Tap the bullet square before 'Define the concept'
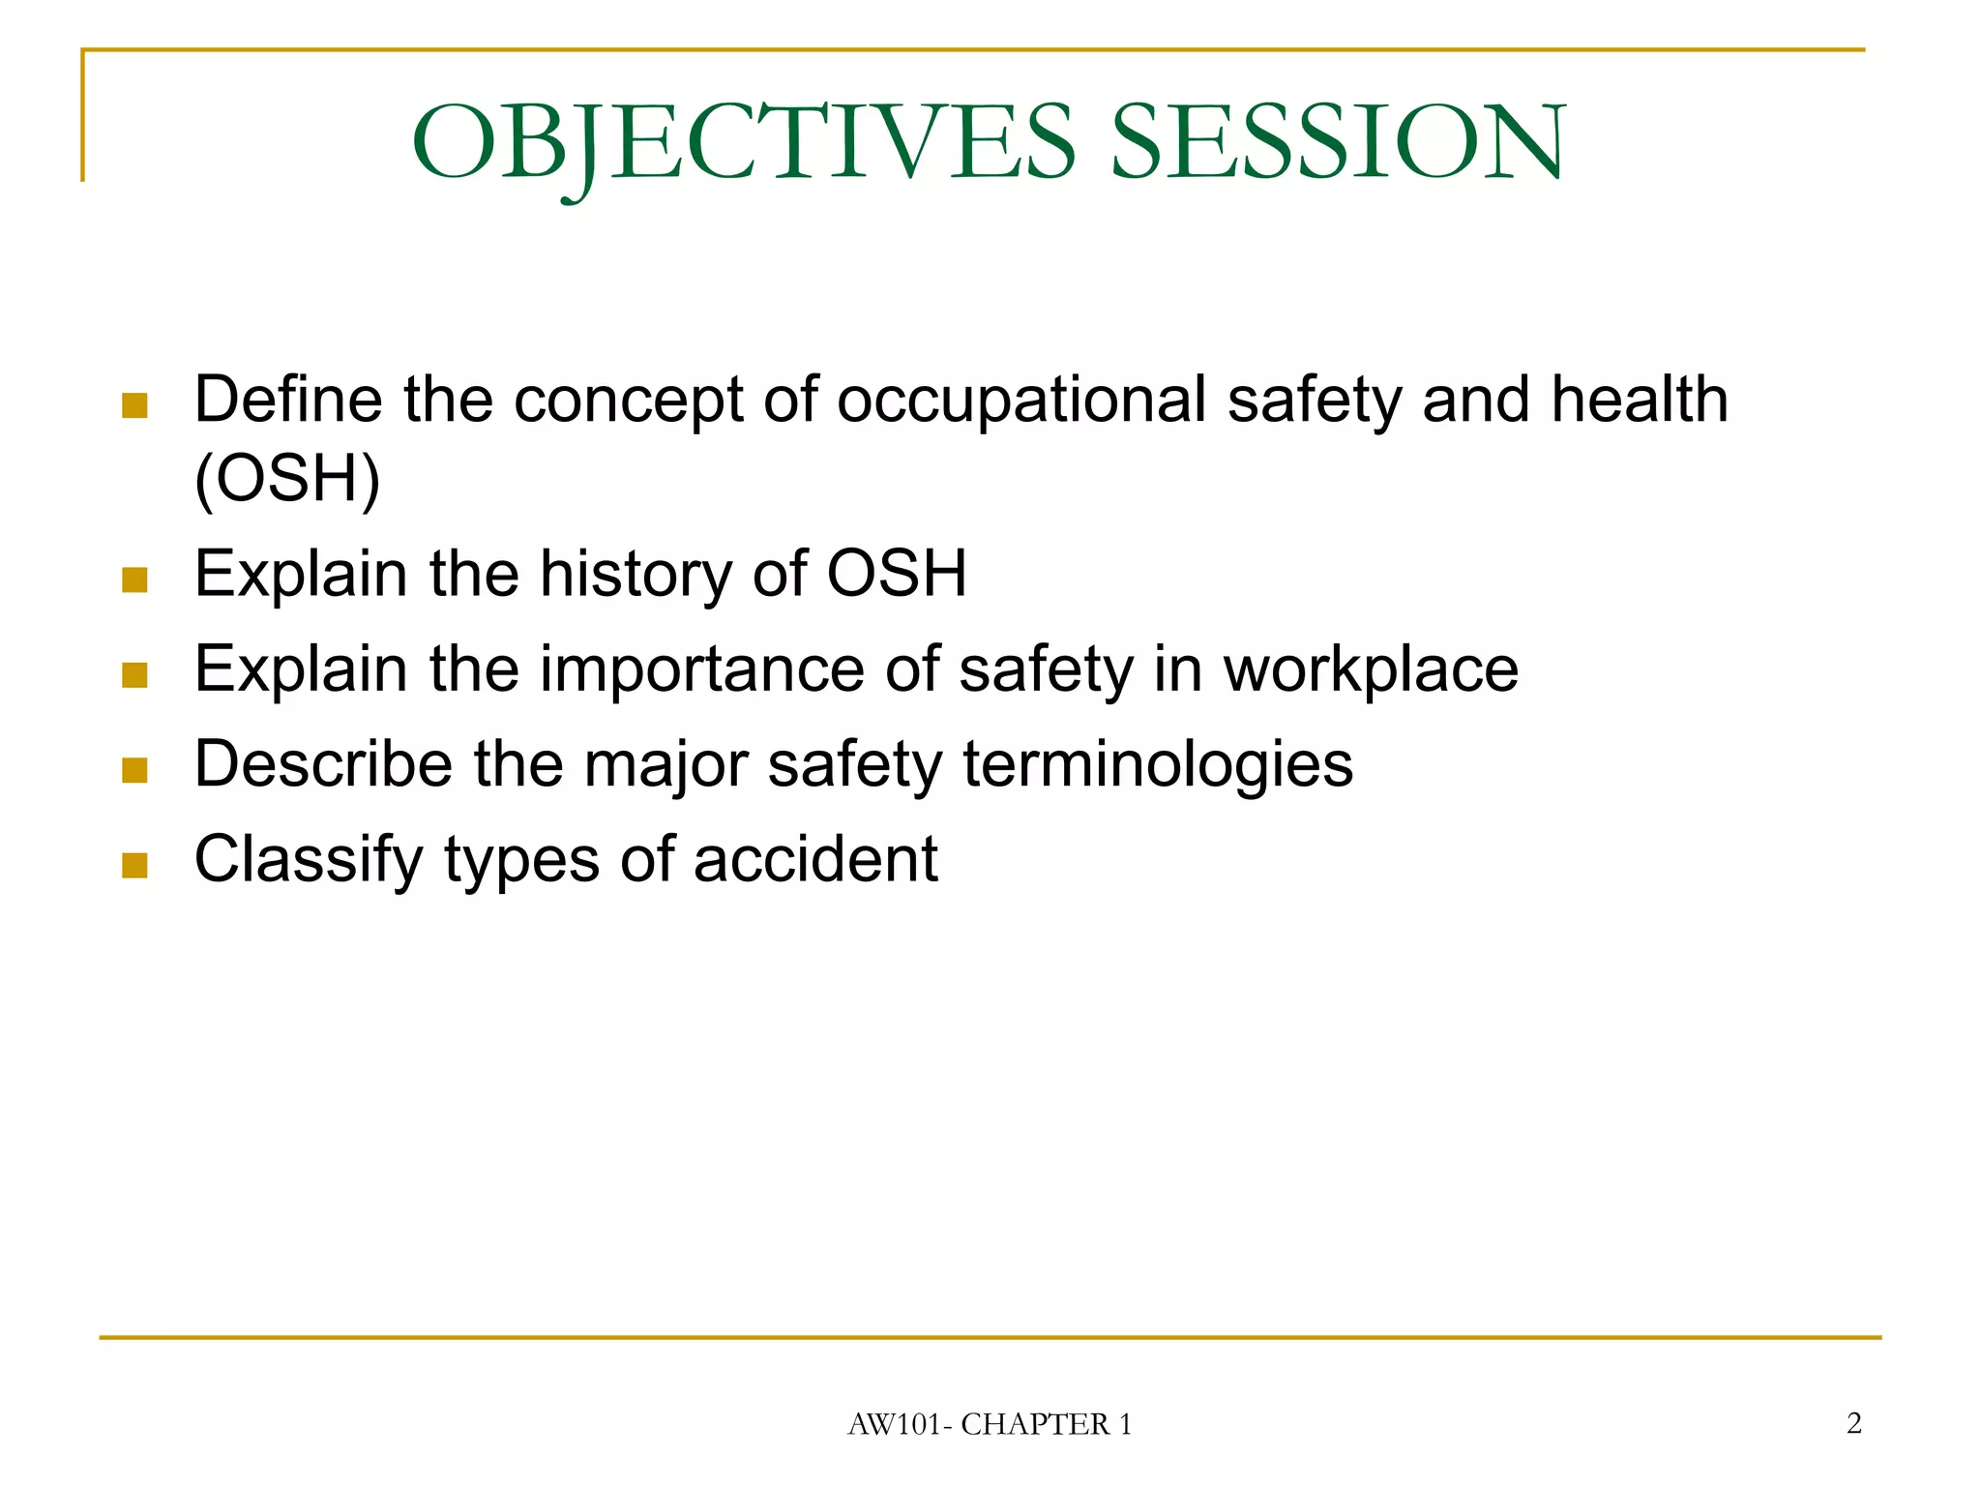pyautogui.click(x=135, y=405)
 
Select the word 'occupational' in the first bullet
pyautogui.click(x=1020, y=401)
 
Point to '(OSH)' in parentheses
pyautogui.click(x=287, y=478)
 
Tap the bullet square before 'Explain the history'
pyautogui.click(x=135, y=580)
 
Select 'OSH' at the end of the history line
pyautogui.click(x=897, y=574)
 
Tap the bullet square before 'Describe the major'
pyautogui.click(x=135, y=770)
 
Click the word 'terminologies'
pyautogui.click(x=1158, y=765)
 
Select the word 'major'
pyautogui.click(x=665, y=765)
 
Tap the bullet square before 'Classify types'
pyautogui.click(x=135, y=865)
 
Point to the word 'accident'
pyautogui.click(x=815, y=859)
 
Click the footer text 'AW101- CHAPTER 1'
pyautogui.click(x=990, y=1424)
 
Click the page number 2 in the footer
pyautogui.click(x=1853, y=1423)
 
